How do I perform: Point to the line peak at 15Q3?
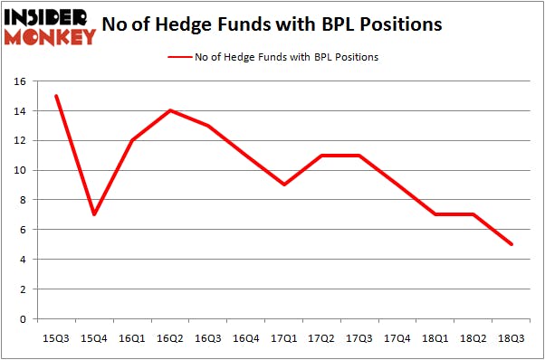point(57,96)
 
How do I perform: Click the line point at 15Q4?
point(94,214)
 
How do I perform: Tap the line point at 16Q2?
point(170,110)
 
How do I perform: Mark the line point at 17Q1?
point(284,185)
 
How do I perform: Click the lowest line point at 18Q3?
point(512,244)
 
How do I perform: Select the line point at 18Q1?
point(435,214)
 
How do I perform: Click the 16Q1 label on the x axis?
point(132,337)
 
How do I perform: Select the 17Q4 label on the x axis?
point(397,337)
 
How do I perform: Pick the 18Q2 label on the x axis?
point(473,337)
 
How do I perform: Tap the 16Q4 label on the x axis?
point(246,337)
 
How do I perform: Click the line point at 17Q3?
point(359,156)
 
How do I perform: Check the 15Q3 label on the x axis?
point(57,337)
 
